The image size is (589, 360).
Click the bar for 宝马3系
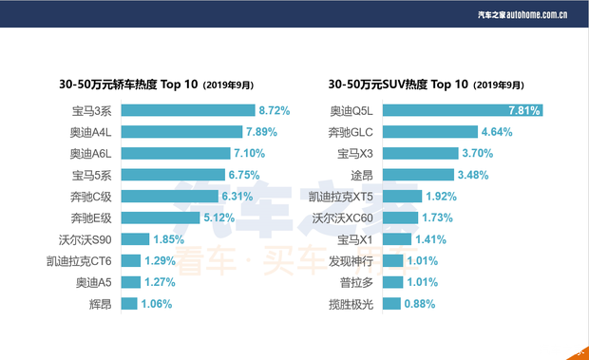pos(187,110)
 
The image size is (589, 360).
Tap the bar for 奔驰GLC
pos(417,131)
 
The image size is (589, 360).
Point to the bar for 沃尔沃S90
pos(133,238)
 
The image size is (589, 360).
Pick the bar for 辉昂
pos(127,303)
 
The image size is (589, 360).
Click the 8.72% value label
pos(275,110)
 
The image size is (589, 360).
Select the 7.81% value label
pos(524,110)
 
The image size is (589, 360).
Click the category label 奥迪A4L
pos(91,131)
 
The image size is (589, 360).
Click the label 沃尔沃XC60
pos(347,218)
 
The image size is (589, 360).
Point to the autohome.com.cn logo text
pos(536,14)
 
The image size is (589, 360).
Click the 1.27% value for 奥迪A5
pos(161,282)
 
